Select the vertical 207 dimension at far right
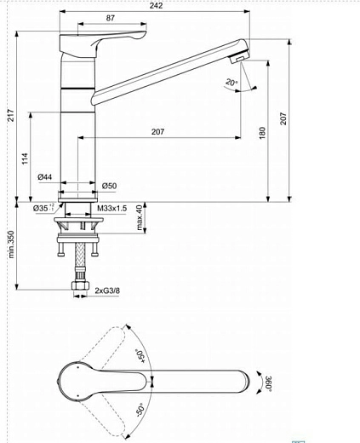pyautogui.click(x=284, y=117)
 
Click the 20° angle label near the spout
pyautogui.click(x=231, y=83)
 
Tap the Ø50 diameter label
pyautogui.click(x=109, y=186)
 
